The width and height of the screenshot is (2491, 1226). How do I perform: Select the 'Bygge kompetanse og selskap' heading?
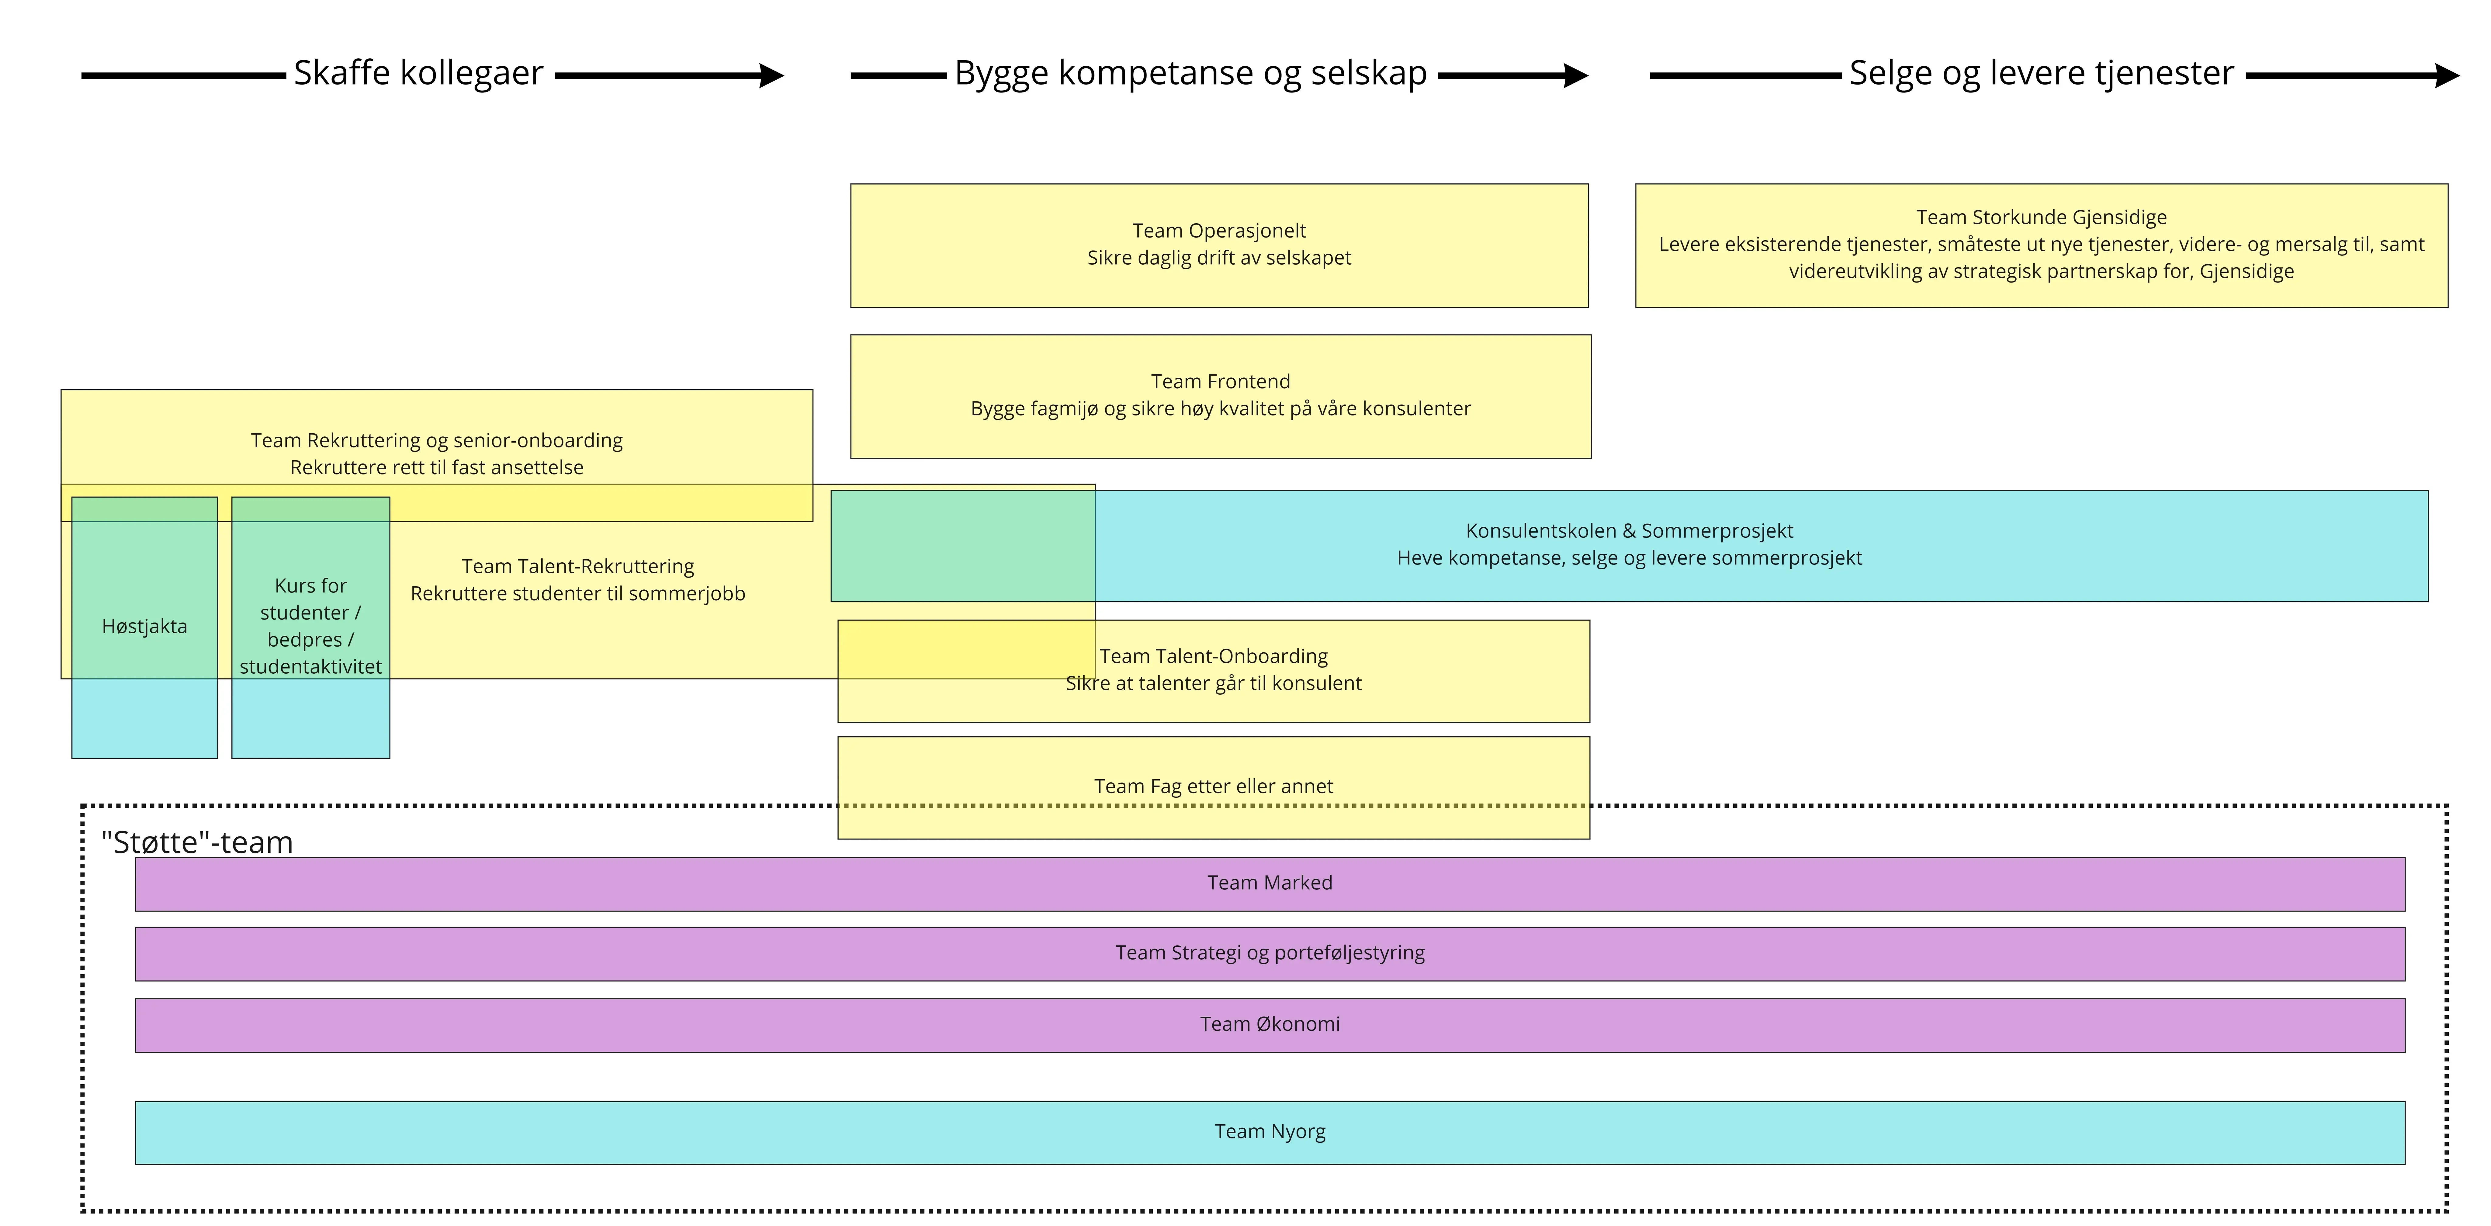point(1190,74)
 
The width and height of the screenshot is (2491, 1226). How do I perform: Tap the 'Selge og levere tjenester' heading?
point(2041,74)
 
